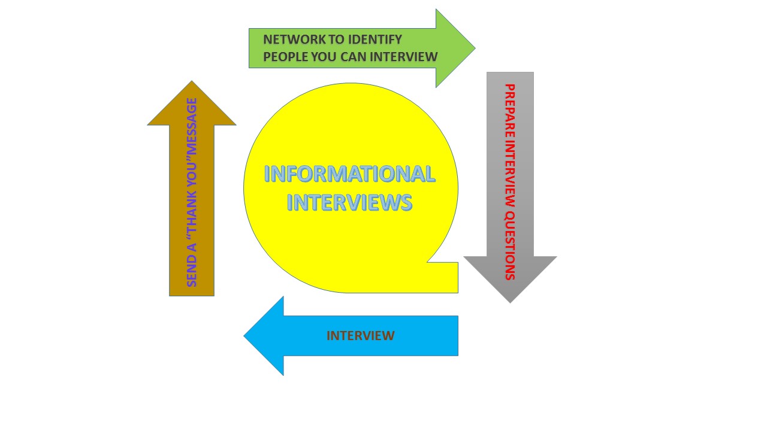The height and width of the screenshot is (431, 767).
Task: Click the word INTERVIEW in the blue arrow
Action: pos(361,336)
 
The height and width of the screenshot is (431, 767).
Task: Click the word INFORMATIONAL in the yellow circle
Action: pos(349,174)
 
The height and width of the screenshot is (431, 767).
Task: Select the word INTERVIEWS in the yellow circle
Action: pos(349,202)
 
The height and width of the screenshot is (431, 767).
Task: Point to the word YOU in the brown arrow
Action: pos(192,179)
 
